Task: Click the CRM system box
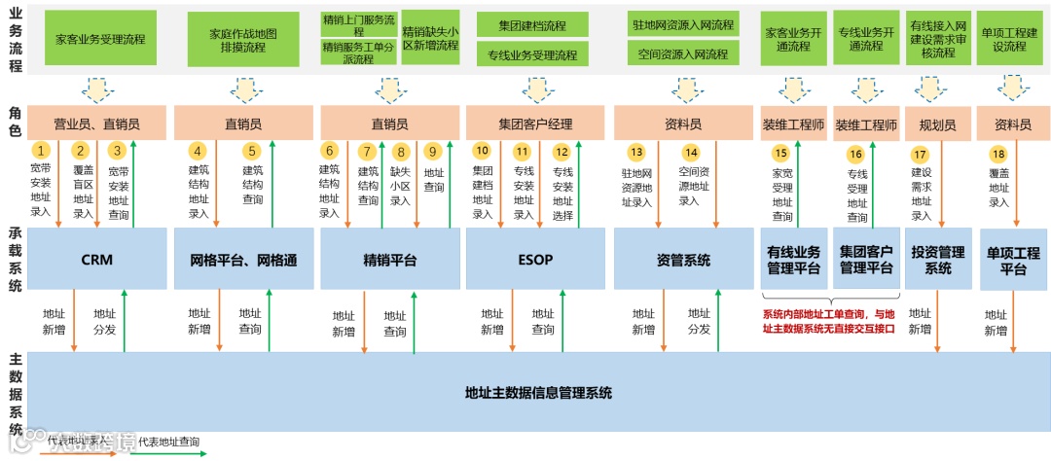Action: [96, 260]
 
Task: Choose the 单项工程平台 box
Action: [1012, 261]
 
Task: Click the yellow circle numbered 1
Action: [41, 151]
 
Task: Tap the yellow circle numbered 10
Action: [483, 151]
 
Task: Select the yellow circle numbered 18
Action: [997, 155]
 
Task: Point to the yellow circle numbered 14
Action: [691, 152]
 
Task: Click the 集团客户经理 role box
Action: [534, 124]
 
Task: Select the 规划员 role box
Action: [937, 125]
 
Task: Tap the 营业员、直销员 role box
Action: [96, 124]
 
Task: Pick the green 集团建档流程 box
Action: [532, 23]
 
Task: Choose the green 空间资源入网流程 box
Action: [683, 54]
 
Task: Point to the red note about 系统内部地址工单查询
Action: [827, 321]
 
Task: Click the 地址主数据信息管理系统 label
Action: [538, 393]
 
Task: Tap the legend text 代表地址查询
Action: [168, 443]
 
